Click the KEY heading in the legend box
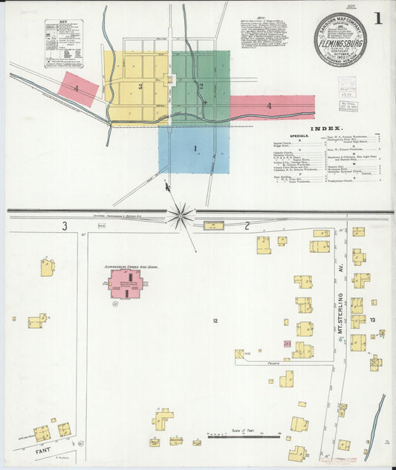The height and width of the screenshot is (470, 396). point(63,24)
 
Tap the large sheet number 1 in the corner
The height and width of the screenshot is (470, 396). point(378,18)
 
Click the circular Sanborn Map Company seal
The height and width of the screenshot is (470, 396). point(340,38)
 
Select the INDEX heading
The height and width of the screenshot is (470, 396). point(325,128)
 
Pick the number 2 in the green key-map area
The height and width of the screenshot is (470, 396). point(201,86)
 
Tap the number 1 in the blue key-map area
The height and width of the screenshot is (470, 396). point(195,149)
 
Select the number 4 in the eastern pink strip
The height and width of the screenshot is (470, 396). point(269,106)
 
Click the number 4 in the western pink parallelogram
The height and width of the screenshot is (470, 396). point(77,88)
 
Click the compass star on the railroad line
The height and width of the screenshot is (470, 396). point(180,216)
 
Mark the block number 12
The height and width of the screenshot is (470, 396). point(215,321)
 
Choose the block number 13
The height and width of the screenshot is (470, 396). point(373,319)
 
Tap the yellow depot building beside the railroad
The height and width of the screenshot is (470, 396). point(214,225)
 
